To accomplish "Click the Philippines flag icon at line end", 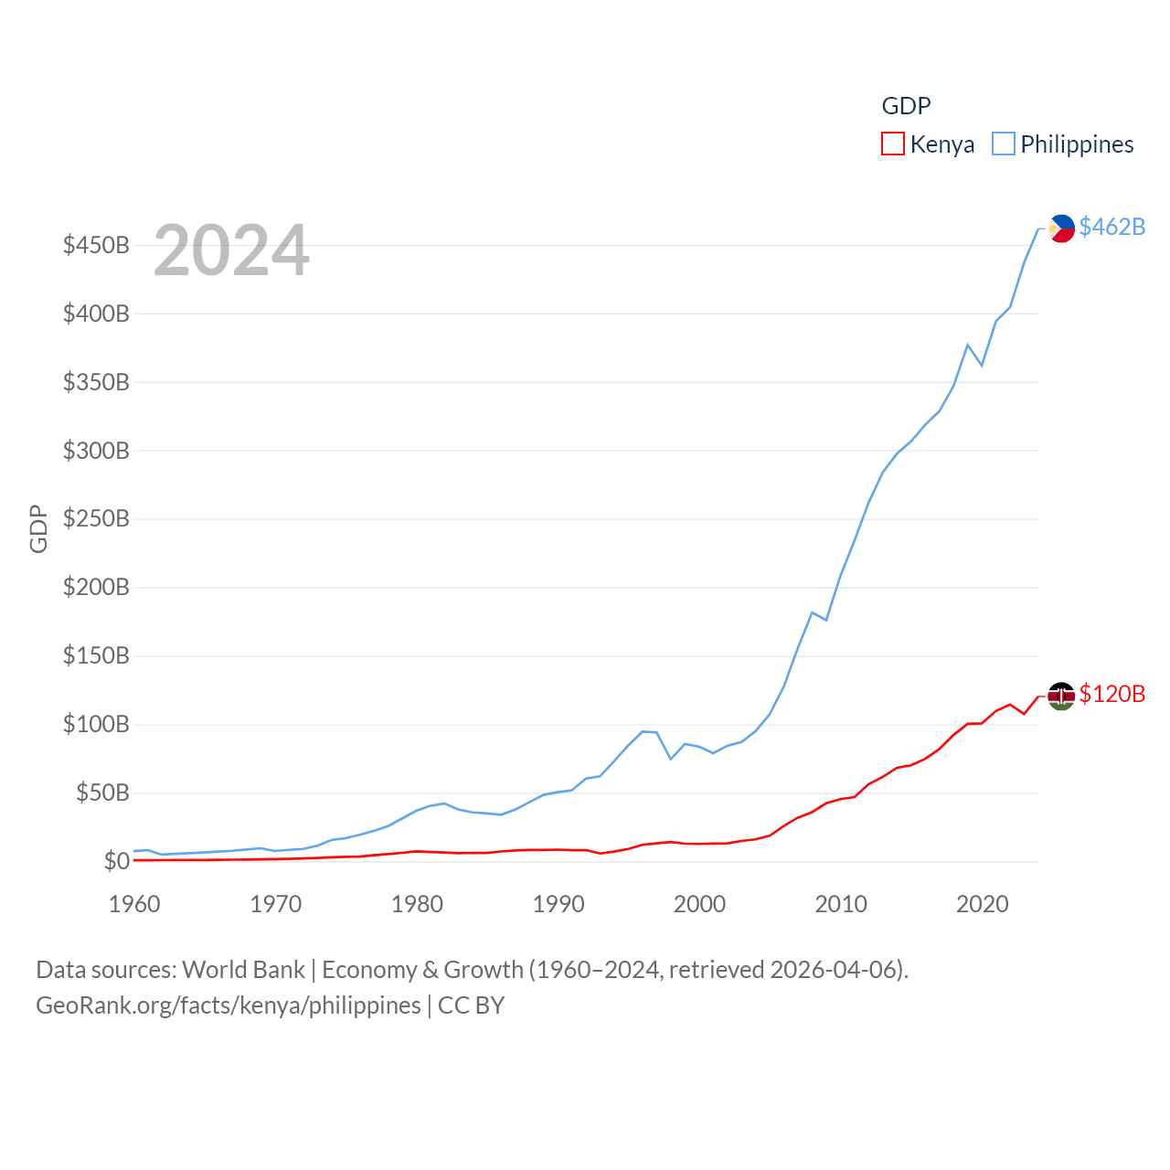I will (1061, 228).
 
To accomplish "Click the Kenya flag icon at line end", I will (1061, 696).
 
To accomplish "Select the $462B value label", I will (1111, 227).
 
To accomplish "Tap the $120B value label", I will (1111, 694).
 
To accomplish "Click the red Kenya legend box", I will (892, 144).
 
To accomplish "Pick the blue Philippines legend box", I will (1004, 144).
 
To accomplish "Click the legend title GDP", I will (906, 106).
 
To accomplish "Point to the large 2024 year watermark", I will (231, 250).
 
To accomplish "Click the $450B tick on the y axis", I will (96, 245).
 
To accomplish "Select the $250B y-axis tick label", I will (96, 519).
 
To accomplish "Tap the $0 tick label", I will (116, 861).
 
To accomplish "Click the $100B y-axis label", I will (96, 725).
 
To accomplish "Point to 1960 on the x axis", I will (134, 904).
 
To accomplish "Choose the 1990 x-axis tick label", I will (558, 904).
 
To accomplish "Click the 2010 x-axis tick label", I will (841, 904).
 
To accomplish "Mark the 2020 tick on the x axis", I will (982, 904).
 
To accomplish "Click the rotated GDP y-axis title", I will (38, 528).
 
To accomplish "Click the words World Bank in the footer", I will (243, 970).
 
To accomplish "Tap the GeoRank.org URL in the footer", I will (229, 1005).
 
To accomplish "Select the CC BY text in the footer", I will (471, 1005).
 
